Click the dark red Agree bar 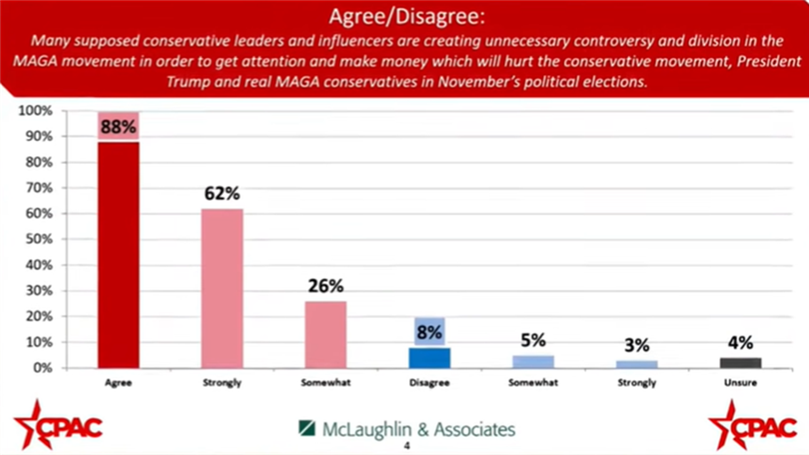(118, 255)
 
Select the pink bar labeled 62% (222, 288)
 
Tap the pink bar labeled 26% (326, 334)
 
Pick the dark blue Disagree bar (429, 358)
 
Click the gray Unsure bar (740, 363)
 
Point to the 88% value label (118, 127)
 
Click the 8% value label (429, 332)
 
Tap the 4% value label (740, 343)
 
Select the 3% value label (637, 345)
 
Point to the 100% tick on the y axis (36, 111)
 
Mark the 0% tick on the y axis (42, 368)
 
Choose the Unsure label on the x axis (740, 383)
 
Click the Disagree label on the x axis (429, 383)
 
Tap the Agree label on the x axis (118, 383)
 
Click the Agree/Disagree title (407, 17)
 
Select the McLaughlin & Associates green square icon (307, 428)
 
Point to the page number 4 (407, 446)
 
